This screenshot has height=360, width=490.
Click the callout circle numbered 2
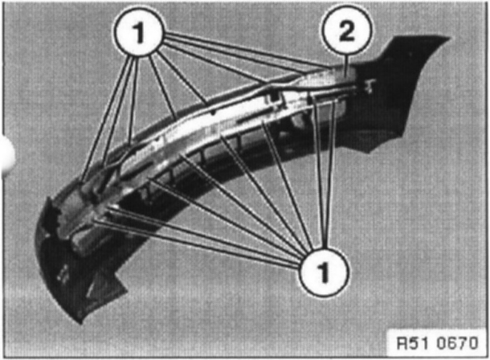pyautogui.click(x=347, y=34)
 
